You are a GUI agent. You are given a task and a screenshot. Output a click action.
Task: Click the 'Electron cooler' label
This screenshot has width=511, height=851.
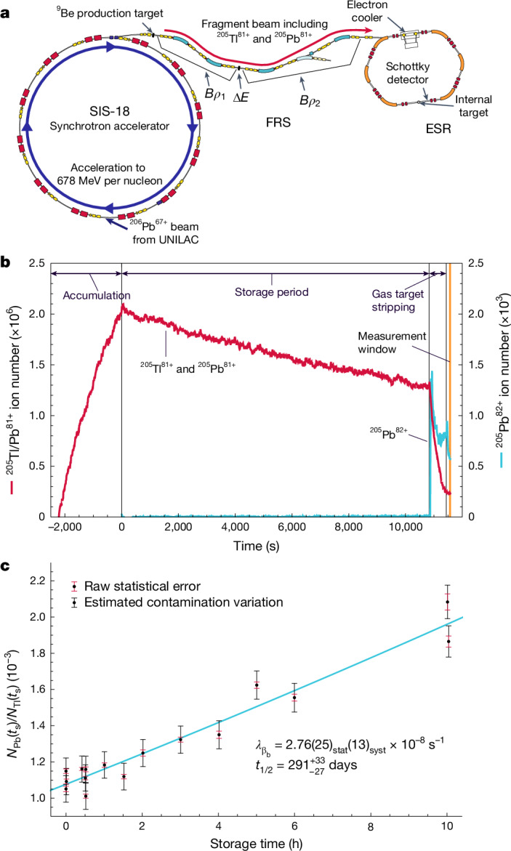pyautogui.click(x=369, y=12)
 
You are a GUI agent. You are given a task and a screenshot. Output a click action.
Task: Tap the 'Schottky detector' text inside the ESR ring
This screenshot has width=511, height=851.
pyautogui.click(x=407, y=73)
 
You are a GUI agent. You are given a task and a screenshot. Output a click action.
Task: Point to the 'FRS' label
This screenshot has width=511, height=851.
pyautogui.click(x=278, y=122)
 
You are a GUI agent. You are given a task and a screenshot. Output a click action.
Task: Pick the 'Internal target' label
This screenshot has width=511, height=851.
pyautogui.click(x=473, y=106)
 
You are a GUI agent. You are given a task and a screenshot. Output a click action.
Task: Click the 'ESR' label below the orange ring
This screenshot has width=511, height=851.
pyautogui.click(x=438, y=129)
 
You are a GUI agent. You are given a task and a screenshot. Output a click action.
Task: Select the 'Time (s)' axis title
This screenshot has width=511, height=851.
pyautogui.click(x=257, y=546)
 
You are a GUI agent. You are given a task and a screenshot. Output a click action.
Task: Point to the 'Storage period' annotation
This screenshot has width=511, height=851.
pyautogui.click(x=272, y=292)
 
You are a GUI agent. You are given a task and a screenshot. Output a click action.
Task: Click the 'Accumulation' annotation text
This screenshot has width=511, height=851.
pyautogui.click(x=97, y=296)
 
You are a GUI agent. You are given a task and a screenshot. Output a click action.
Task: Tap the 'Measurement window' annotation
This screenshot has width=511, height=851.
pyautogui.click(x=392, y=342)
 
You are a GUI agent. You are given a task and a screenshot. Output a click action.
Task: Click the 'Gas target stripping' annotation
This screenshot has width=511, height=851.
pyautogui.click(x=398, y=300)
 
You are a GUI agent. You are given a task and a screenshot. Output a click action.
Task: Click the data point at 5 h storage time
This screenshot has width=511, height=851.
pyautogui.click(x=257, y=685)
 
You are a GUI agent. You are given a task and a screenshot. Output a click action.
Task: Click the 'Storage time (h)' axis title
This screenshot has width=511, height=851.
pyautogui.click(x=257, y=844)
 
